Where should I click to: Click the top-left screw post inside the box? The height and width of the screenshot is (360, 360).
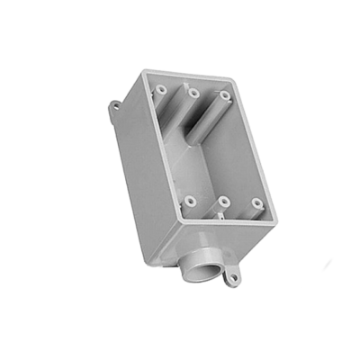coord(160,89)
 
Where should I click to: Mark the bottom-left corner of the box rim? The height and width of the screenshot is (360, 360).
coord(178,217)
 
